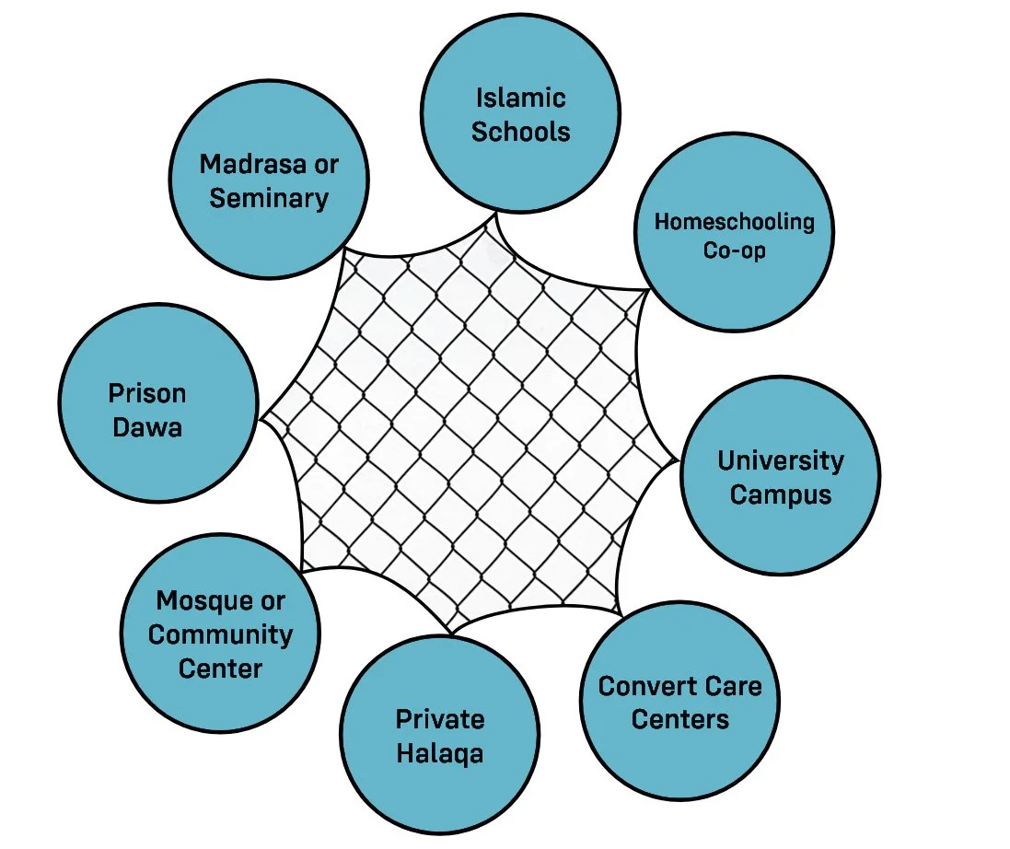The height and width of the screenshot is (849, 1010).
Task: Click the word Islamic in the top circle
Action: (520, 98)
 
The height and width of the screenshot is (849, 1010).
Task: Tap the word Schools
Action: (520, 131)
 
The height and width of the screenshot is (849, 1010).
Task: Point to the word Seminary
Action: (269, 198)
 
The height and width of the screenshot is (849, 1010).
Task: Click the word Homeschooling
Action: (734, 222)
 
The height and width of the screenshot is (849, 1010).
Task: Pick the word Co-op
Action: (734, 250)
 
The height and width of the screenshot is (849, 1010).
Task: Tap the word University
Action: (781, 460)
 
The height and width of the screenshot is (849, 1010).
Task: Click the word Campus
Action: (781, 494)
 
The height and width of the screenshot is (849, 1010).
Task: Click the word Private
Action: (440, 719)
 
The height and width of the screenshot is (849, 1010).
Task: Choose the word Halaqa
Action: (440, 753)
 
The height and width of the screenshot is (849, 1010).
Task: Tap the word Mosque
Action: (195, 601)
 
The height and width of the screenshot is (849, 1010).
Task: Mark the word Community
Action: (221, 634)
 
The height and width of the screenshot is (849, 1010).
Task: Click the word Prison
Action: (147, 394)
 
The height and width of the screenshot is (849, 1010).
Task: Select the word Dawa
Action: (147, 427)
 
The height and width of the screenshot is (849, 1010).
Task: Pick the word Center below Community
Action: (221, 668)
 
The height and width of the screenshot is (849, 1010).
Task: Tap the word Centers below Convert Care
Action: (680, 719)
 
